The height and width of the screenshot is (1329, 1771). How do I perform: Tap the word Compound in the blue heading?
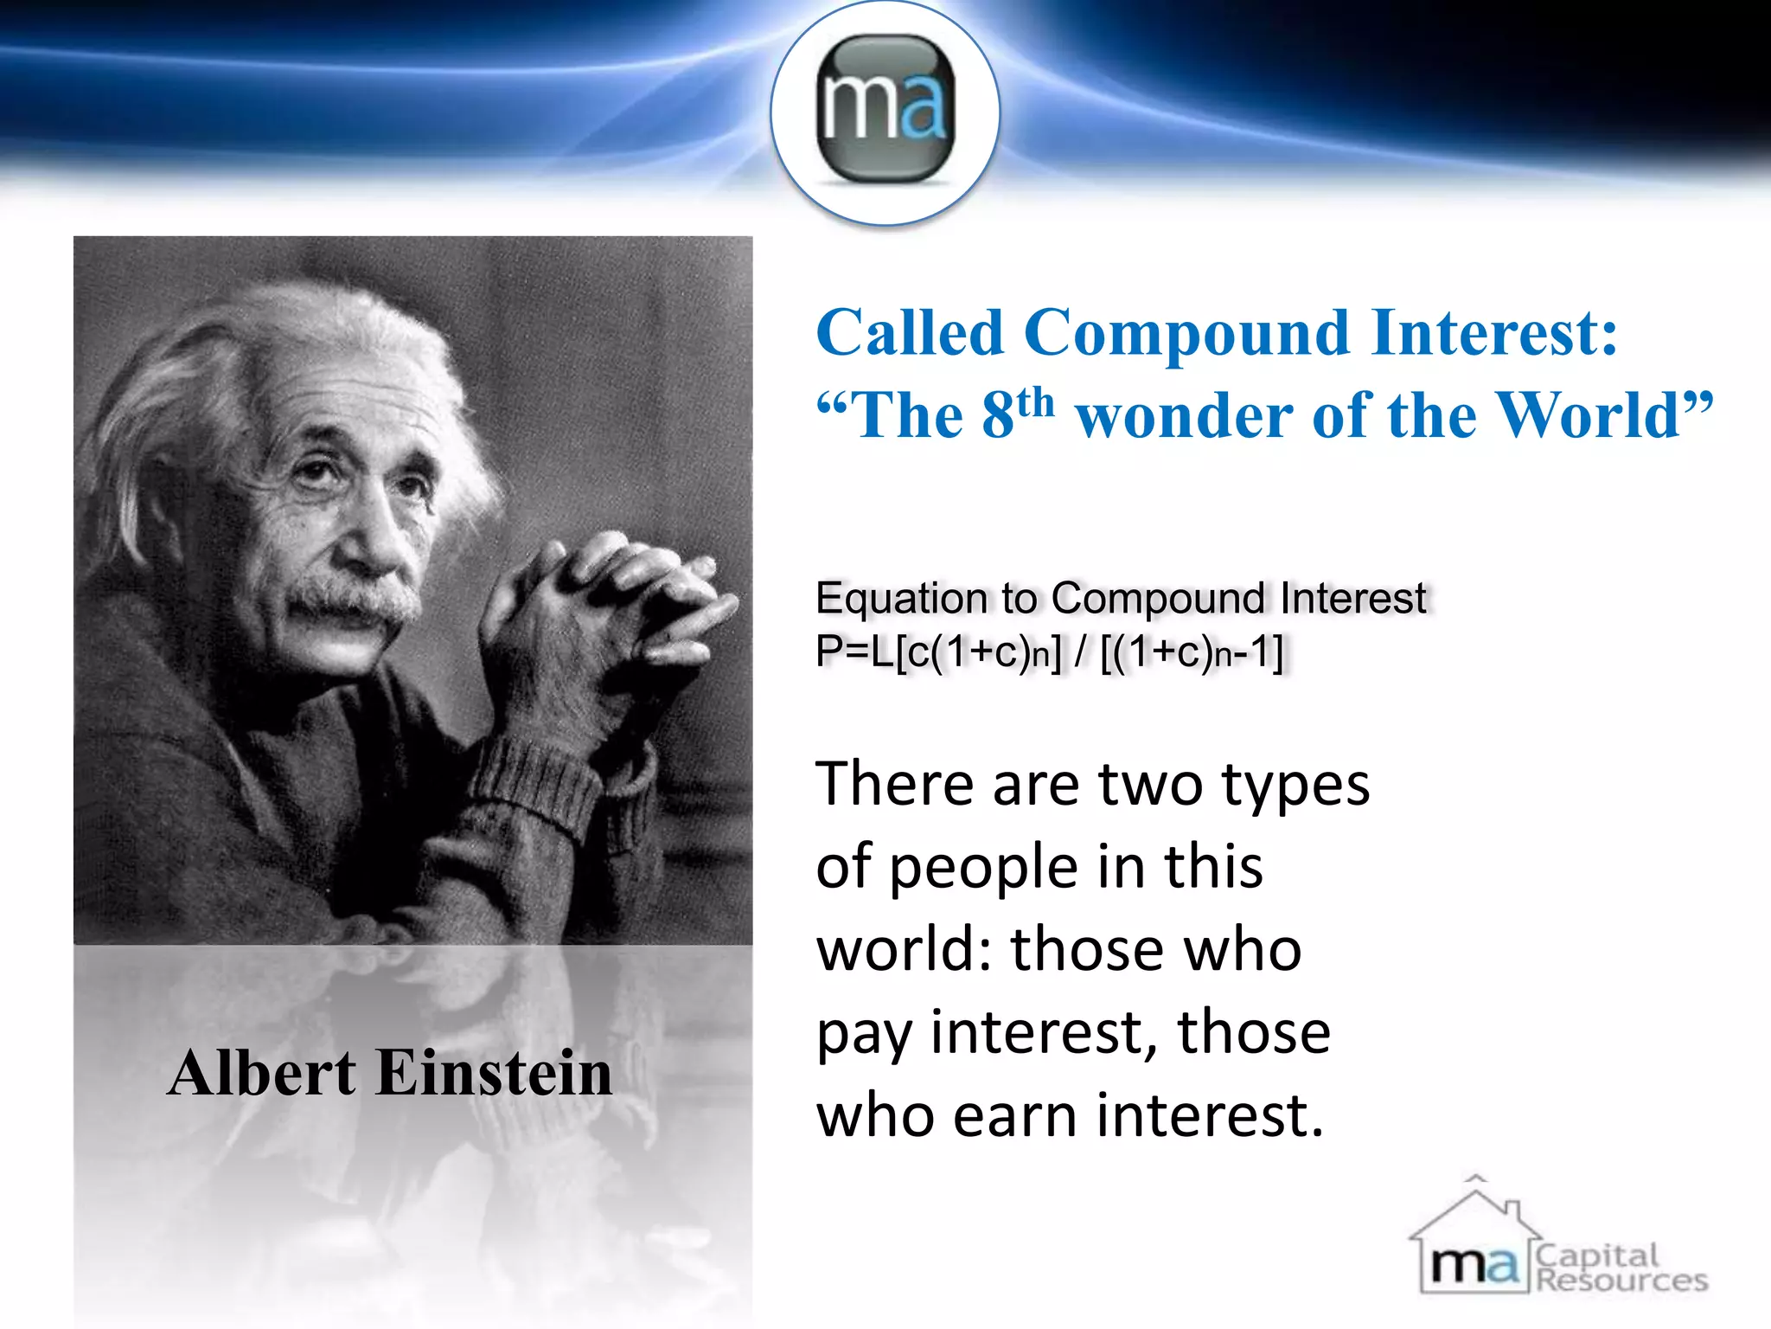[1186, 333]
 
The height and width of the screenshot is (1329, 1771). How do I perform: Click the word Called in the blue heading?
[910, 333]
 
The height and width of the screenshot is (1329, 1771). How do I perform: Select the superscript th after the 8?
[1036, 403]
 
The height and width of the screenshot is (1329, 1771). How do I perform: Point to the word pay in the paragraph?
[861, 1035]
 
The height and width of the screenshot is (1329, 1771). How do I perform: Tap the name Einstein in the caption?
[495, 1073]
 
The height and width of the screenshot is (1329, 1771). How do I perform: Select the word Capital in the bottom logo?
[1598, 1255]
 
